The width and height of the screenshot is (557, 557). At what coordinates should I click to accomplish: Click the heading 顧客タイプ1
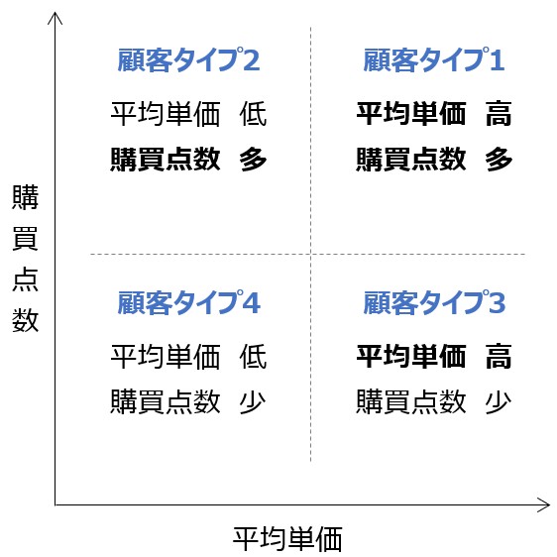[434, 59]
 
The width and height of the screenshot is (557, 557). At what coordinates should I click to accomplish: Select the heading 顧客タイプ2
[188, 59]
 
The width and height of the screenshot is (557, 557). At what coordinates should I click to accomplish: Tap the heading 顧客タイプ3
[434, 302]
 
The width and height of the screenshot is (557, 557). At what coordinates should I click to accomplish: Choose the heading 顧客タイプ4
[189, 302]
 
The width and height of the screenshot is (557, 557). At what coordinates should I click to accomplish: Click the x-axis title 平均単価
[287, 539]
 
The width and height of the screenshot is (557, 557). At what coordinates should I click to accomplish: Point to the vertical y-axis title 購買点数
[25, 259]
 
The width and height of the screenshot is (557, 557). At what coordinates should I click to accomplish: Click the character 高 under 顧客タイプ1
[499, 114]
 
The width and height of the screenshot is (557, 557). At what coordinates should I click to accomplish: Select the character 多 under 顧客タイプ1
[499, 160]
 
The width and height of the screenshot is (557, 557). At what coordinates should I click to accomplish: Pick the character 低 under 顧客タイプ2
[253, 114]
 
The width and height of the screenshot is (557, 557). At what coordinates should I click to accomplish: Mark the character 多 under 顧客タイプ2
[253, 160]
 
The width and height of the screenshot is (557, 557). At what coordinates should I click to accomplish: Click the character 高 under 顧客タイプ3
[499, 356]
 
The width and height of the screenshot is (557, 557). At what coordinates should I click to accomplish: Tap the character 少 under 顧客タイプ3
[499, 401]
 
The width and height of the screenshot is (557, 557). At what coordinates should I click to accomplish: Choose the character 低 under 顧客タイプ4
[253, 356]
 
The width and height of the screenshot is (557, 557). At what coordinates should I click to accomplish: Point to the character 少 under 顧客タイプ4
[253, 401]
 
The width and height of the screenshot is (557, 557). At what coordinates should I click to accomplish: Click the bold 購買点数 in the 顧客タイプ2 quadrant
[166, 160]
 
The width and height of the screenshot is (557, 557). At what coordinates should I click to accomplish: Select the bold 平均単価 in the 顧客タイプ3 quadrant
[411, 356]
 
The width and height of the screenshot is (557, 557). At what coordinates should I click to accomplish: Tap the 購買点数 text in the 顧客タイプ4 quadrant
[166, 401]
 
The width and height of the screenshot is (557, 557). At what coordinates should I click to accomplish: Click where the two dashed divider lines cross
[311, 254]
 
